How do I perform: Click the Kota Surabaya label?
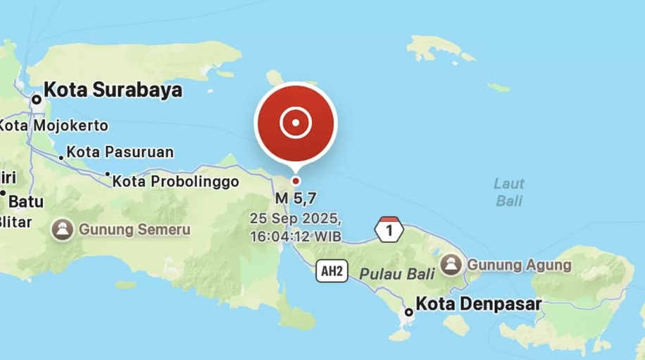coord(113,90)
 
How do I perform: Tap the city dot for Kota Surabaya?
coord(36,100)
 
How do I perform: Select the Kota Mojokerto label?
coord(54,126)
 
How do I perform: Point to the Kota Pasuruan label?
coord(120,152)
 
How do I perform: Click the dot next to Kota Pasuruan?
coord(61,157)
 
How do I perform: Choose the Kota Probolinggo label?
coord(176,182)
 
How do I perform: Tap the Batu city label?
coord(26,201)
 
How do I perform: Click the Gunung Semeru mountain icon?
coord(63,230)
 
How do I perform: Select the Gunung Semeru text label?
coord(134,230)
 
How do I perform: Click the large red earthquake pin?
coord(296,123)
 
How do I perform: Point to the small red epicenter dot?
coord(296,180)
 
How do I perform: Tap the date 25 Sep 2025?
coord(296,218)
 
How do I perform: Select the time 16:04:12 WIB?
coord(296,236)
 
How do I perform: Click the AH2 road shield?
coord(332,271)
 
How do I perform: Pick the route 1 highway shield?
coord(389,230)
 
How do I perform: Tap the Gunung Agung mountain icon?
coord(451,265)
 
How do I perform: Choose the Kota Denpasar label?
coord(479,304)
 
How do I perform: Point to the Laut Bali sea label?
coord(508,192)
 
